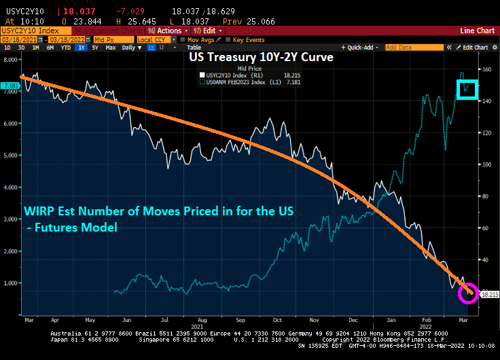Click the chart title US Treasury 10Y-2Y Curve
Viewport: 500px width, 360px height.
click(260, 58)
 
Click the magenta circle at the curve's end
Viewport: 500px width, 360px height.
click(468, 294)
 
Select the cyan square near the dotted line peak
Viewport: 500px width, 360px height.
click(467, 89)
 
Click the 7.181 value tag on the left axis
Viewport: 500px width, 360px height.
click(10, 86)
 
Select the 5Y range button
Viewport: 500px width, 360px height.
click(94, 48)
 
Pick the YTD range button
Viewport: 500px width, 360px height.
click(66, 48)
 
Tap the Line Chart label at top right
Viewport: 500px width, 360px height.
click(477, 31)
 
